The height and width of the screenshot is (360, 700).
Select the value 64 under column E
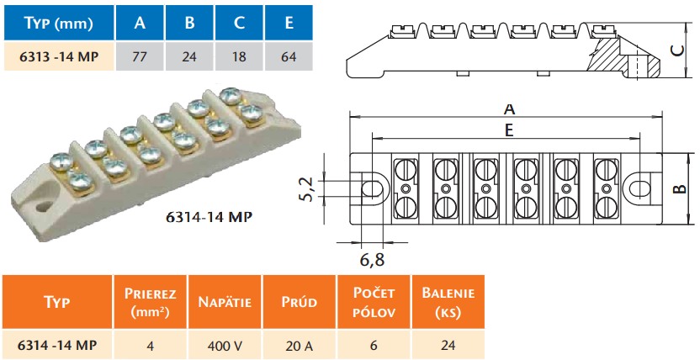point(289,57)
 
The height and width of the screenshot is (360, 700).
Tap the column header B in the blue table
point(189,23)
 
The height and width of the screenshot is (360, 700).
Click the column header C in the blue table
point(239,23)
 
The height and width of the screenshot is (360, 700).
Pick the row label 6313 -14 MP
point(57,57)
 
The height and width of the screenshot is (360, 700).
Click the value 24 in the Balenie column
point(447,344)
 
